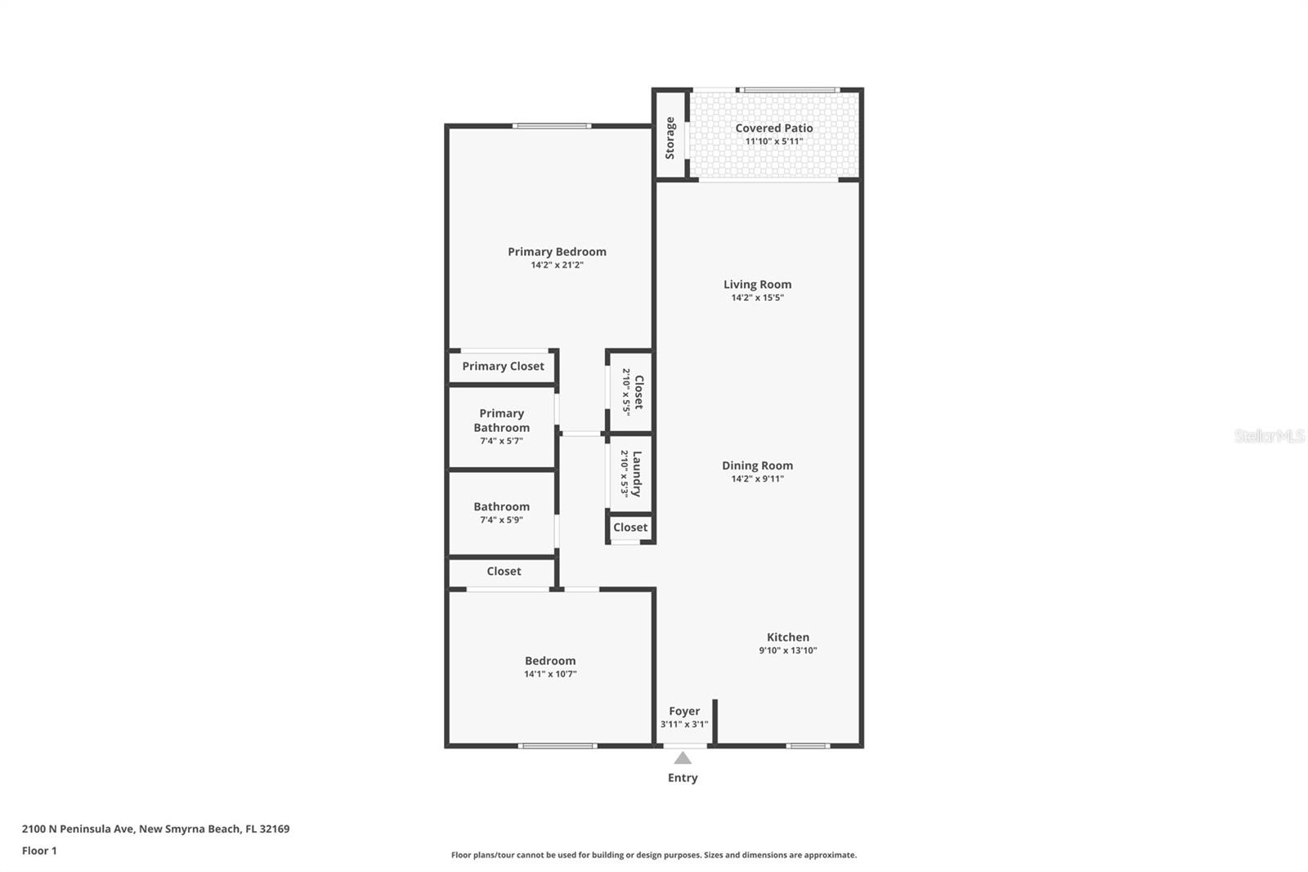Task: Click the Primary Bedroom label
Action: tap(557, 252)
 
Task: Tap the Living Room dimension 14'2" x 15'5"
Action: tap(757, 298)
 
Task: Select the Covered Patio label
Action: tap(773, 128)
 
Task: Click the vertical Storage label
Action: tap(670, 137)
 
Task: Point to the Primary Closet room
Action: tap(503, 366)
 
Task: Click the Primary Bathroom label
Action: tap(501, 420)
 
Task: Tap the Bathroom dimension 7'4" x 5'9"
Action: tap(501, 520)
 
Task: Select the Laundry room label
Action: tap(637, 473)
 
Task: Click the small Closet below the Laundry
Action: tap(630, 528)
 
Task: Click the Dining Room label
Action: tap(757, 465)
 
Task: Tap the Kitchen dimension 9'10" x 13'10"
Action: tap(787, 651)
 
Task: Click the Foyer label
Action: tap(684, 712)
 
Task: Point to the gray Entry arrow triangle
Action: tap(683, 758)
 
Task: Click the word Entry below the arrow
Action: tap(683, 778)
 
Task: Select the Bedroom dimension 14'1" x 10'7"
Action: tap(550, 674)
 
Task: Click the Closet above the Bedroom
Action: tap(504, 572)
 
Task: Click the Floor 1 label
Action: tap(39, 851)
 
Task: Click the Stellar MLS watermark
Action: tap(1269, 436)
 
